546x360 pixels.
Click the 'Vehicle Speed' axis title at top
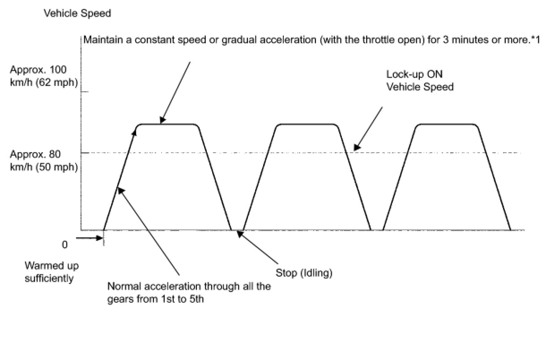tap(77, 14)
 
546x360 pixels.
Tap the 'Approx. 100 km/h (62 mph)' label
tap(44, 76)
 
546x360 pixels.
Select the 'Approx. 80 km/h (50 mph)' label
tap(44, 160)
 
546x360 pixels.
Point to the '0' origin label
tap(65, 244)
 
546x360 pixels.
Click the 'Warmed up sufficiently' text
tap(51, 272)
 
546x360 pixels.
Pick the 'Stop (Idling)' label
tap(304, 273)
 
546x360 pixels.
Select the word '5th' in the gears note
tap(196, 299)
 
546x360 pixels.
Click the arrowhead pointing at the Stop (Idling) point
tap(240, 233)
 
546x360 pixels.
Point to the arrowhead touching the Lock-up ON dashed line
tap(356, 147)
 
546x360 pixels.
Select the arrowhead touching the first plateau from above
tap(162, 120)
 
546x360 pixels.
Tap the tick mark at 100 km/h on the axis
tap(84, 92)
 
